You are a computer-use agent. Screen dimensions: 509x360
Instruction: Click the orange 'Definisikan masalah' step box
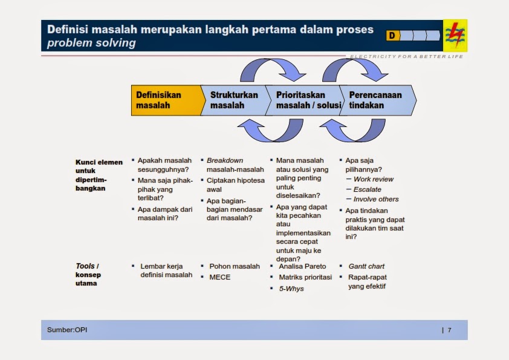168,100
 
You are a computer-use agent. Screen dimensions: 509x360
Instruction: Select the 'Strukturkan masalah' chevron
236,100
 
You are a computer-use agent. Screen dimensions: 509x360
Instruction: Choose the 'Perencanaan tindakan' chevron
378,100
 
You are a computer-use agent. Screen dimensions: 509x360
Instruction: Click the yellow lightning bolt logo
455,36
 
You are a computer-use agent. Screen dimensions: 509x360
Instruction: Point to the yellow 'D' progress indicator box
393,36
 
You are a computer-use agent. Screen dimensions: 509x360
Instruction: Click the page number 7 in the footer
449,330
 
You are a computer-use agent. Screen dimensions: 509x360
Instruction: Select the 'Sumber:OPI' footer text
67,330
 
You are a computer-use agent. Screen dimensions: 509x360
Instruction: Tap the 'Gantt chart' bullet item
366,266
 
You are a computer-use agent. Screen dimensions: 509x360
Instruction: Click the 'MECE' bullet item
220,277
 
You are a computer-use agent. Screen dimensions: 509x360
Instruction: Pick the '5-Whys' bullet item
291,289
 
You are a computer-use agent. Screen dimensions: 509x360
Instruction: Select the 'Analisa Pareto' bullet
302,266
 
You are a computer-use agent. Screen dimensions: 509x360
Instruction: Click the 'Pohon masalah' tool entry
235,266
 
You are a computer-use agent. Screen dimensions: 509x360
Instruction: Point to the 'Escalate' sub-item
367,189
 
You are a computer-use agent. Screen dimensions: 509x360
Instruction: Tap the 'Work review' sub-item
374,179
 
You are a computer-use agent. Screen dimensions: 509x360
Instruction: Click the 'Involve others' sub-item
376,199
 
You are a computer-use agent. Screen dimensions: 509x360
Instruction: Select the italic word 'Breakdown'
225,160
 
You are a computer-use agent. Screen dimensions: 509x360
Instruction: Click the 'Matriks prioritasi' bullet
305,277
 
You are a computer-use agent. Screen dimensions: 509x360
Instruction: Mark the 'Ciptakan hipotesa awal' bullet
236,185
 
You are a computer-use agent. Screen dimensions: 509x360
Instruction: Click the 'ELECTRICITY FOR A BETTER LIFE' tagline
406,56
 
